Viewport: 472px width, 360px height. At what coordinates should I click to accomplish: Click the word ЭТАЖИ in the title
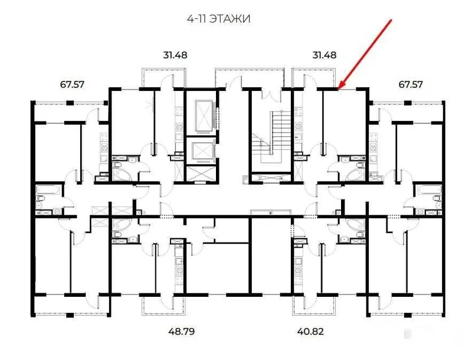[x=230, y=19]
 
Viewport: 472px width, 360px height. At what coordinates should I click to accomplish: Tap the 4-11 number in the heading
[x=196, y=19]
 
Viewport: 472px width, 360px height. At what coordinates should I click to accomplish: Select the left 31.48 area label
[x=175, y=55]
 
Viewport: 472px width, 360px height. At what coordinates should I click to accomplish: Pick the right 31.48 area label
[x=324, y=55]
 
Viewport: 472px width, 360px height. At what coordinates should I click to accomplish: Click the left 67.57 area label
[x=72, y=84]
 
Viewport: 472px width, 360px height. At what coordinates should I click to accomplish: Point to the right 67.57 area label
[x=410, y=84]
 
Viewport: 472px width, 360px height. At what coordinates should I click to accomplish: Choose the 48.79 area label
[x=182, y=332]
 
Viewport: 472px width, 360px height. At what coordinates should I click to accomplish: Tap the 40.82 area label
[x=310, y=332]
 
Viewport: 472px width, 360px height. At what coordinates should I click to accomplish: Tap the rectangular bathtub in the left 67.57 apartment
[x=48, y=189]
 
